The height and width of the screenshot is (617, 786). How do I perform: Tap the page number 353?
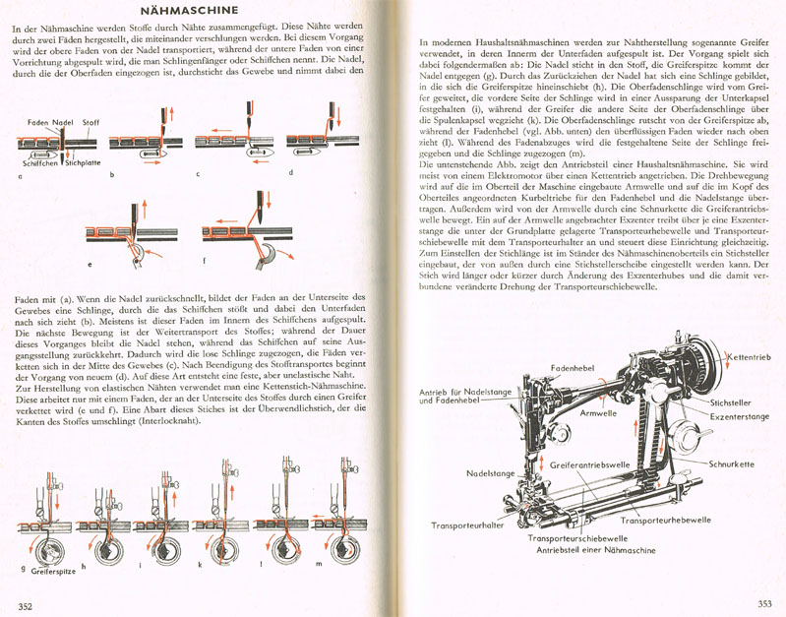(764, 604)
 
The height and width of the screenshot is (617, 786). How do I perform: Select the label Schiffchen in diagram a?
(35, 165)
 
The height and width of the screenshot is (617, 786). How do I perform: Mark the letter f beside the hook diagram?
(205, 260)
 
